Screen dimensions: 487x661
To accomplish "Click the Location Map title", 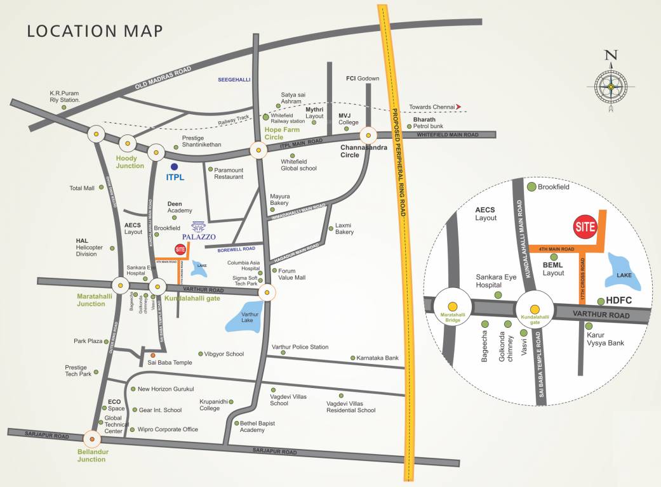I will coord(95,30).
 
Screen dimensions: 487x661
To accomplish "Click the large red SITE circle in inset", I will coord(585,226).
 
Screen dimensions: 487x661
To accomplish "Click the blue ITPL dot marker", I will coord(174,167).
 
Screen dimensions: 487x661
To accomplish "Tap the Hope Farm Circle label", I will coord(283,133).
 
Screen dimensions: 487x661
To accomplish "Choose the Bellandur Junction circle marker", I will coord(93,438).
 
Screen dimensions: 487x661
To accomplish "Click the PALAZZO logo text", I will coord(199,237).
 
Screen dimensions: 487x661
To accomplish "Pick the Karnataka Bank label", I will coord(379,358).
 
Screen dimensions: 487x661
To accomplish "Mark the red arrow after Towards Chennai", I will coord(459,107).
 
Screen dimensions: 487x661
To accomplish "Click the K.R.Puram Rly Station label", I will coord(65,96).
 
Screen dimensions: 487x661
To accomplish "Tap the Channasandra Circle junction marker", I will coord(368,135).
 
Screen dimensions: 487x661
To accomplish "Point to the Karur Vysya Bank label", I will coord(605,339).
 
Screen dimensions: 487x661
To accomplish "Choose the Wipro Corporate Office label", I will coord(168,429).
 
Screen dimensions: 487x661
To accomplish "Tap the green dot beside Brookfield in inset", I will coord(531,186).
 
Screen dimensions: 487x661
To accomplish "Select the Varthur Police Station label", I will coord(300,347).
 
